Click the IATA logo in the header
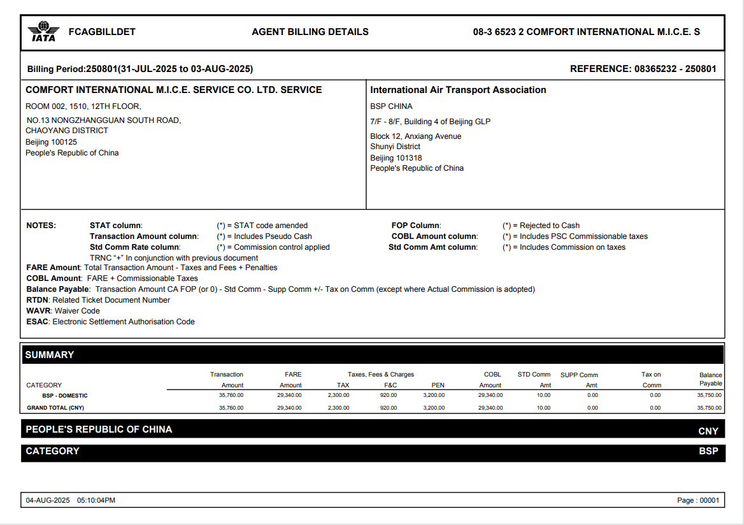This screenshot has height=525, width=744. tap(43, 31)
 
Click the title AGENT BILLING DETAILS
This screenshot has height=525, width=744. tap(310, 32)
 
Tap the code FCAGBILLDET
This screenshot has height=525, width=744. tap(102, 32)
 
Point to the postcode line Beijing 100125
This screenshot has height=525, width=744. tap(51, 142)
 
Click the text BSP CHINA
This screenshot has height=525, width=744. tap(391, 106)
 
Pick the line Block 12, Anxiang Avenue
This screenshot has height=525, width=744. tap(415, 136)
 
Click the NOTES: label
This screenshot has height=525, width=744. tap(41, 226)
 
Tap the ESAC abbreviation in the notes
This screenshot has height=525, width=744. tap(38, 322)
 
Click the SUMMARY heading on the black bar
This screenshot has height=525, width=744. tap(50, 355)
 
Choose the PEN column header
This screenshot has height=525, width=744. tap(438, 385)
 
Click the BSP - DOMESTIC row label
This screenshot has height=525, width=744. tap(65, 396)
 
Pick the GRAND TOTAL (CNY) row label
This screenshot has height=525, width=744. tap(55, 408)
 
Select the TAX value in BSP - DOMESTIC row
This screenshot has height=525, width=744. tap(338, 396)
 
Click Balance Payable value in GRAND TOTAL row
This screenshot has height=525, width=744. tap(709, 408)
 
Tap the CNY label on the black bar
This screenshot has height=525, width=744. tap(708, 431)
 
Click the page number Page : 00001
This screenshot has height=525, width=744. tap(697, 500)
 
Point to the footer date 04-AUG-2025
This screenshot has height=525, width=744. tap(48, 500)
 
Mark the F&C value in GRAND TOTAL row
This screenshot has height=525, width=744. tap(388, 408)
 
